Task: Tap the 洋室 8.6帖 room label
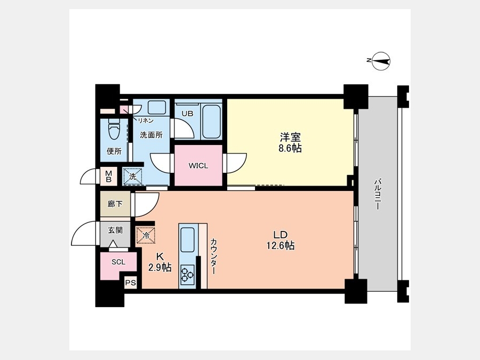point(290,142)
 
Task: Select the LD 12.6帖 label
point(280,241)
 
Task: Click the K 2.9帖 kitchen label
point(160,262)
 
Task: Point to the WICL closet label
point(198,166)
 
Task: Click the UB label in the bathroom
point(187,114)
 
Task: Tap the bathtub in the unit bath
point(212,122)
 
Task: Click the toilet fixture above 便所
point(114,129)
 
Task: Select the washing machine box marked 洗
point(133,177)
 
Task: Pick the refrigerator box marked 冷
point(146,235)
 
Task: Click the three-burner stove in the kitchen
point(187,273)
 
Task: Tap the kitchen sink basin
point(187,239)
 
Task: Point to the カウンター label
point(213,255)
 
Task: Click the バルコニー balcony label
point(377,194)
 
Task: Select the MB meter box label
point(109,177)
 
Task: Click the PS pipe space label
point(131,283)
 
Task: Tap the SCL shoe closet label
point(118,262)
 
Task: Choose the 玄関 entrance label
point(115,230)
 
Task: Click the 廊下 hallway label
point(115,204)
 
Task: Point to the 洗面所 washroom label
point(151,135)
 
